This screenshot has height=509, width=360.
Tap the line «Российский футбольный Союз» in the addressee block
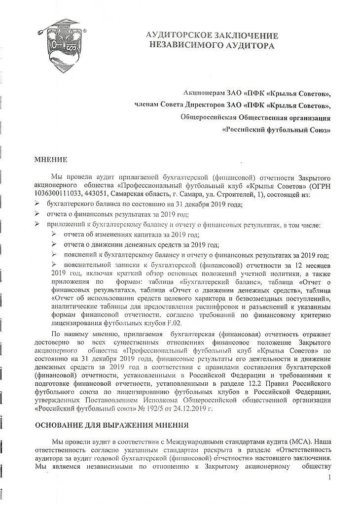click(x=277, y=130)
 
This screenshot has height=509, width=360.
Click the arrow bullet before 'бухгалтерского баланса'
click(x=37, y=203)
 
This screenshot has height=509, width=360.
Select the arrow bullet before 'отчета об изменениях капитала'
click(x=55, y=235)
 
